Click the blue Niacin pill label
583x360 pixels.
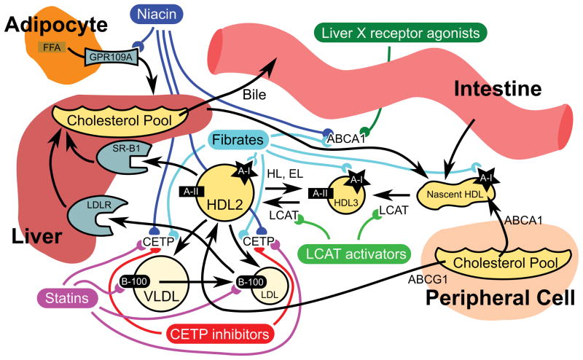pyautogui.click(x=157, y=15)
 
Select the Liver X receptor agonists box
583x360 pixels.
pyautogui.click(x=400, y=33)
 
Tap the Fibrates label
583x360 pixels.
pyautogui.click(x=238, y=140)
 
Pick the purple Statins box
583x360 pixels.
pyautogui.click(x=67, y=298)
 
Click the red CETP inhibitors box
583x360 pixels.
pyautogui.click(x=219, y=334)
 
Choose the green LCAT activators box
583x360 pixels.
pyautogui.click(x=356, y=254)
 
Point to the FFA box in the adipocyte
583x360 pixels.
pyautogui.click(x=52, y=47)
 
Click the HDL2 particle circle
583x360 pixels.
pyautogui.click(x=224, y=194)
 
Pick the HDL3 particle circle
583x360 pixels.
pyautogui.click(x=346, y=195)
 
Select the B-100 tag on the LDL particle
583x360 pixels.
pyautogui.click(x=251, y=282)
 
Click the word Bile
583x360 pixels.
pyautogui.click(x=254, y=95)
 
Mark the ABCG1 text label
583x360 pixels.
pyautogui.click(x=428, y=279)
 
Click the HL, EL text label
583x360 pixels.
pyautogui.click(x=285, y=173)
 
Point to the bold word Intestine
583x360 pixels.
pyautogui.click(x=498, y=89)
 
